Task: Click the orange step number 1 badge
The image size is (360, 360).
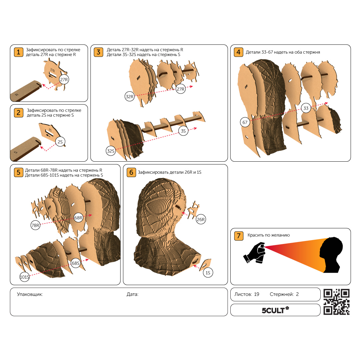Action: [x=19, y=52]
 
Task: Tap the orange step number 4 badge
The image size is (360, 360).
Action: [x=239, y=52]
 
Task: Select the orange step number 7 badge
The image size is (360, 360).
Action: [x=239, y=236]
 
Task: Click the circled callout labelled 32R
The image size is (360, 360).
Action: [x=129, y=97]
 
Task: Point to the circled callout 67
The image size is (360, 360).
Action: [x=245, y=122]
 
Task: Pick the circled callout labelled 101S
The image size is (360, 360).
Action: [x=25, y=277]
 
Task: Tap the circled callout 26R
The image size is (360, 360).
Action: [x=201, y=219]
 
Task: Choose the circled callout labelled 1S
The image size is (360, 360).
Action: [x=208, y=273]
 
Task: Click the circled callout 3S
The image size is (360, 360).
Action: [x=183, y=131]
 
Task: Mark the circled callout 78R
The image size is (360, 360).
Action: [x=35, y=225]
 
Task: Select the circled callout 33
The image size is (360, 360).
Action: [x=306, y=108]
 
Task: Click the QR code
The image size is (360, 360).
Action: [x=336, y=302]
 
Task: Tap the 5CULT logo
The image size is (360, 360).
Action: [x=275, y=310]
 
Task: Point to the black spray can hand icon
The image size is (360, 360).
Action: [x=254, y=253]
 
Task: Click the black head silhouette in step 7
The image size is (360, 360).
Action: [x=331, y=255]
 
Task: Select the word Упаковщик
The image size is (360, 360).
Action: [x=30, y=294]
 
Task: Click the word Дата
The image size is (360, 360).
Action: [x=132, y=294]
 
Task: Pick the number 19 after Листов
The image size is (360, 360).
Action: [x=256, y=294]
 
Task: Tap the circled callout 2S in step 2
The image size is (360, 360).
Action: [x=60, y=142]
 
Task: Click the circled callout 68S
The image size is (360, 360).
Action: [x=76, y=263]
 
